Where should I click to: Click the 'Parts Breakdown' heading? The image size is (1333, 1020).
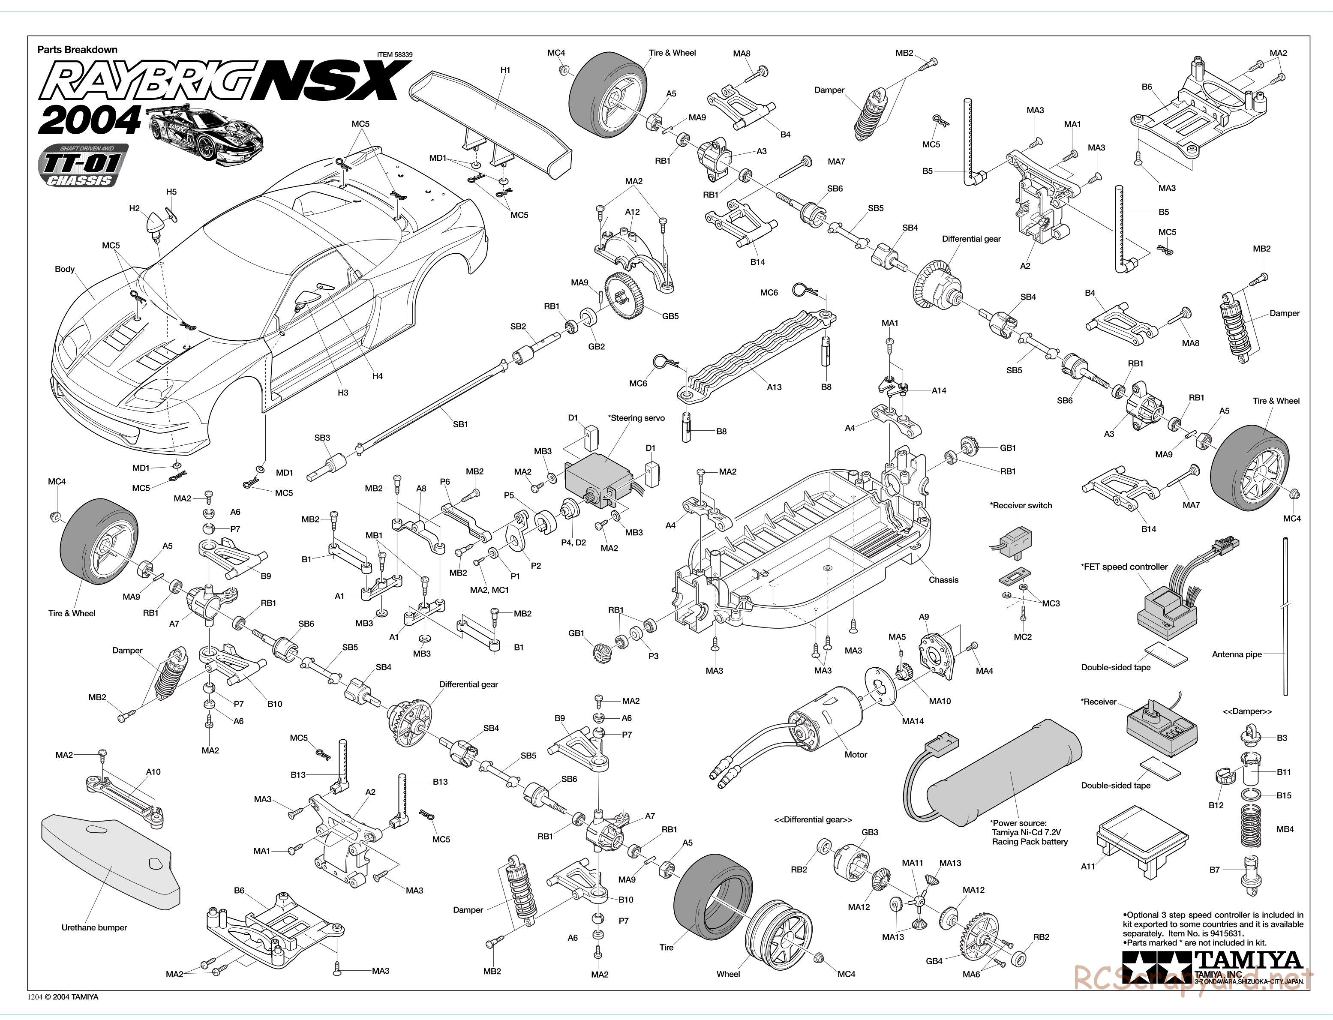(77, 50)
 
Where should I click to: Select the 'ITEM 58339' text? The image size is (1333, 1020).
(395, 55)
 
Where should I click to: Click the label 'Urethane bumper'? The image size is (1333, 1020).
(94, 928)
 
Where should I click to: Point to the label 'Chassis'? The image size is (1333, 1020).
(943, 580)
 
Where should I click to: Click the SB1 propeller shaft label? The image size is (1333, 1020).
(460, 424)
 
